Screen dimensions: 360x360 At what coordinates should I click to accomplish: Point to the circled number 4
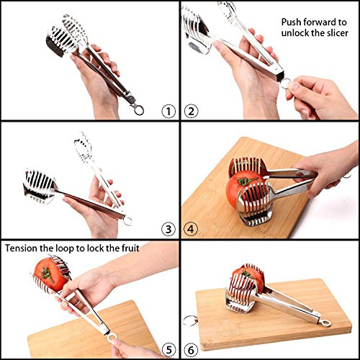tap(192, 230)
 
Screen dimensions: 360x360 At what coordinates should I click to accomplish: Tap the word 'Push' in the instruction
tap(293, 22)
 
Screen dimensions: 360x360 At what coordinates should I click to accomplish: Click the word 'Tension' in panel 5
tap(25, 248)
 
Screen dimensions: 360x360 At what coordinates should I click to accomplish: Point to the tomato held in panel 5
tap(46, 274)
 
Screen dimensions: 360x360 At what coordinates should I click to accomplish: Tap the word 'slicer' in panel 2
tap(337, 34)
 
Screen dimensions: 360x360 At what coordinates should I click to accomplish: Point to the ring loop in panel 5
tap(111, 335)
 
